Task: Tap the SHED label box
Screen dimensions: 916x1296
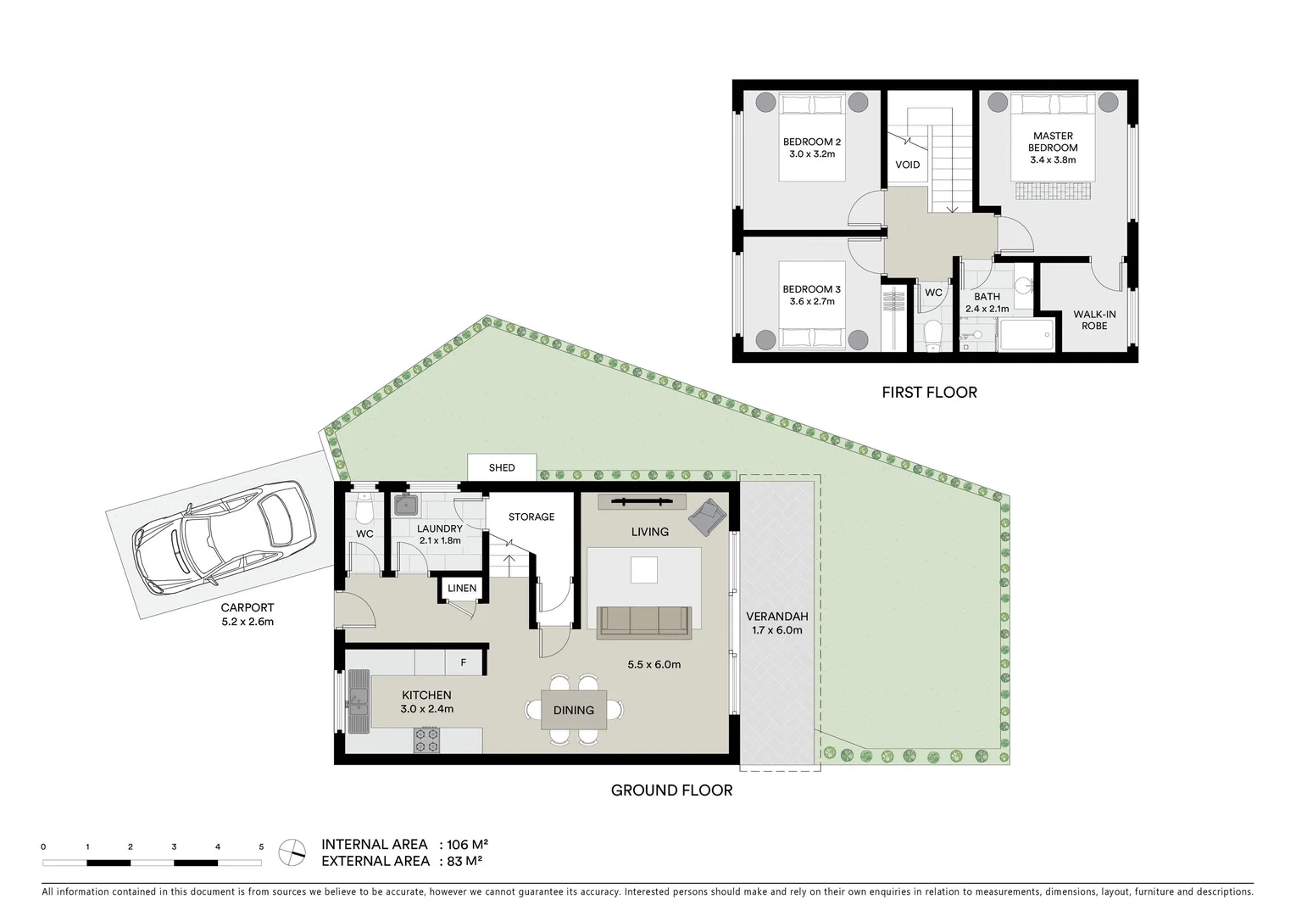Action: tap(502, 468)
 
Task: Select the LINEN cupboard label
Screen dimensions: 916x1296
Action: tap(462, 588)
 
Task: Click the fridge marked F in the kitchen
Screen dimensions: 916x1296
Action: tap(463, 662)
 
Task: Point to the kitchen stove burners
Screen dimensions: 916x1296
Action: tap(426, 740)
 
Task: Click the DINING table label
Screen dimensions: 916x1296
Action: tap(574, 710)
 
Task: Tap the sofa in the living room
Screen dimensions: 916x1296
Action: tap(644, 622)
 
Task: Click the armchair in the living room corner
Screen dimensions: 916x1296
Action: tap(707, 516)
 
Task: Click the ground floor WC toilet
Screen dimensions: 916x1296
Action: tap(364, 509)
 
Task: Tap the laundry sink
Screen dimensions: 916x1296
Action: tap(406, 505)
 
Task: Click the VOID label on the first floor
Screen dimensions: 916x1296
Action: tap(907, 165)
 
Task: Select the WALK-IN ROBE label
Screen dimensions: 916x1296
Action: tap(1094, 320)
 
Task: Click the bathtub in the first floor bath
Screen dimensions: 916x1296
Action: tap(1026, 334)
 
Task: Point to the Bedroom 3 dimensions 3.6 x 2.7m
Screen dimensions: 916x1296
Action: tap(812, 301)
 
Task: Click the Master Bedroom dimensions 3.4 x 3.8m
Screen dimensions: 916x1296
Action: tap(1053, 159)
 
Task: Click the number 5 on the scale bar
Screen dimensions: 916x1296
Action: tap(261, 846)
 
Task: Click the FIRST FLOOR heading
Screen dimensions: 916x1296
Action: tap(929, 393)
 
